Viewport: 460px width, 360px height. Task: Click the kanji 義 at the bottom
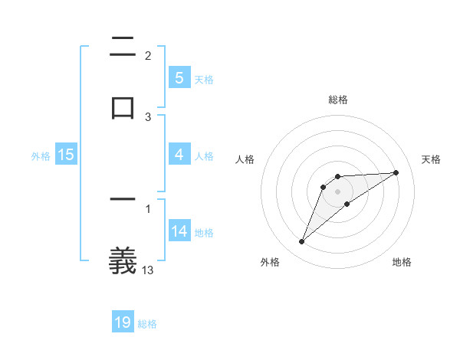tap(123, 260)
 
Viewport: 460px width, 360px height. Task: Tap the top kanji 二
tap(123, 47)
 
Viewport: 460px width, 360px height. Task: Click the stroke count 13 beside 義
tap(148, 270)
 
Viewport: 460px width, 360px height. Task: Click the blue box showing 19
tap(123, 322)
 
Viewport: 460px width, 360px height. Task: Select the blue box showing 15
tap(66, 155)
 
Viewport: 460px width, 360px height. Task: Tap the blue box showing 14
tap(179, 232)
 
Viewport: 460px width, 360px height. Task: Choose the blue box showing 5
tap(179, 78)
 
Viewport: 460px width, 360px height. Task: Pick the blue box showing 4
tap(179, 155)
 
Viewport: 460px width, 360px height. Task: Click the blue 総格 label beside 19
tap(147, 324)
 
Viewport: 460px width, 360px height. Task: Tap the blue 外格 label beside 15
tap(41, 155)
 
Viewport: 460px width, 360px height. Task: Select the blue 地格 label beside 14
tap(204, 233)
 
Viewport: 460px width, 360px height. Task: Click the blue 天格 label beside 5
tap(204, 79)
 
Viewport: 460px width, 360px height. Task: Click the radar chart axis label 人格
tap(245, 159)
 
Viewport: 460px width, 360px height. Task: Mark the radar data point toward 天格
tap(396, 172)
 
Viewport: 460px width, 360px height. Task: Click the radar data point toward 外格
tap(301, 242)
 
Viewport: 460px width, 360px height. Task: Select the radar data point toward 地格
tap(347, 204)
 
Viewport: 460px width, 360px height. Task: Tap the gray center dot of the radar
tap(338, 191)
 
